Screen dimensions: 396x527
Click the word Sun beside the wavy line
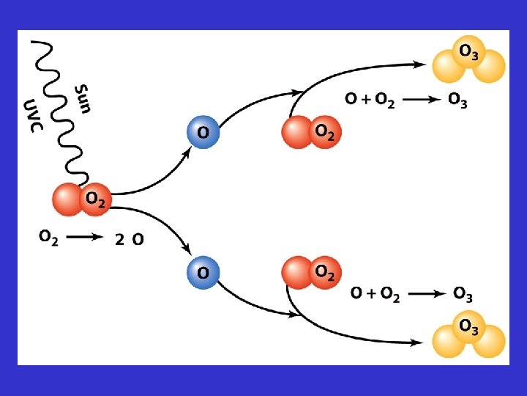83,99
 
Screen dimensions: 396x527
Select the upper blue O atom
203,132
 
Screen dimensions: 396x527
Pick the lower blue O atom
203,271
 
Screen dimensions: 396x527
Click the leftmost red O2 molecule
81,199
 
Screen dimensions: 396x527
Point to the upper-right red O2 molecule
311,132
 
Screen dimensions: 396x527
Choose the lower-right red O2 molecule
311,271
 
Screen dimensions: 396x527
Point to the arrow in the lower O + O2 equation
425,294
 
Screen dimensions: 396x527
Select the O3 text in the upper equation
457,101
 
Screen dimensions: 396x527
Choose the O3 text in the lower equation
463,295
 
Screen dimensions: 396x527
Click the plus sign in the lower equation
371,294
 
